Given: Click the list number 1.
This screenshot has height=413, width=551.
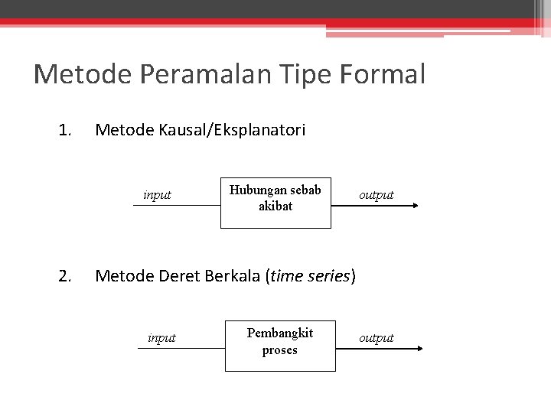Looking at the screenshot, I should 64,131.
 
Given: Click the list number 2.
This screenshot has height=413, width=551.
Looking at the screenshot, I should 64,275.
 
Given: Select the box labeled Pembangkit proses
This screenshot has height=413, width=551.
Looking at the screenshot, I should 279,346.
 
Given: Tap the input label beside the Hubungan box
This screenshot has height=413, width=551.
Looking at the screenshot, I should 157,195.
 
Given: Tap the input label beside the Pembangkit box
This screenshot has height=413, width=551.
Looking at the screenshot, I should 161,338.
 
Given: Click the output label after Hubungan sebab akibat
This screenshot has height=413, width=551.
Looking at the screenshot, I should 377,195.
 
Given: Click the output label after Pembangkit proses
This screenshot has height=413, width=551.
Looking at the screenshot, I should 377,338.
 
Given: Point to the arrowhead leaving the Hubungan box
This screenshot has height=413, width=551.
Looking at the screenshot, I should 415,206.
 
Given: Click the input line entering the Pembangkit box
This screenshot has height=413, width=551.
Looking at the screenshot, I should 181,348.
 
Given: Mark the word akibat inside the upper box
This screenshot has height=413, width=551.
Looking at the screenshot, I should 275,206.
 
